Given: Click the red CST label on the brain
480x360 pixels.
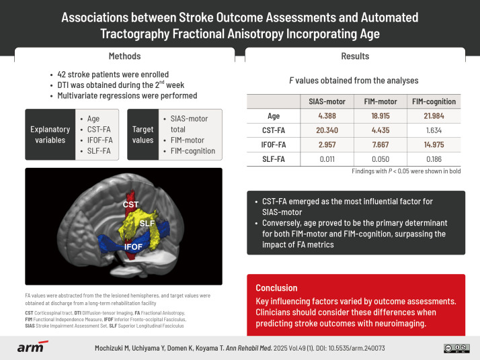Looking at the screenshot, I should [130, 202].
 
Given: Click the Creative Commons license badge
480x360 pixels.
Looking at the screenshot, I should [456, 348].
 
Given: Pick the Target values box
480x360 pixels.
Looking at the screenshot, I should [143, 134].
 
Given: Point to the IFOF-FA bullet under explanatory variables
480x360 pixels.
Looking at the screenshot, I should [98, 140].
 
